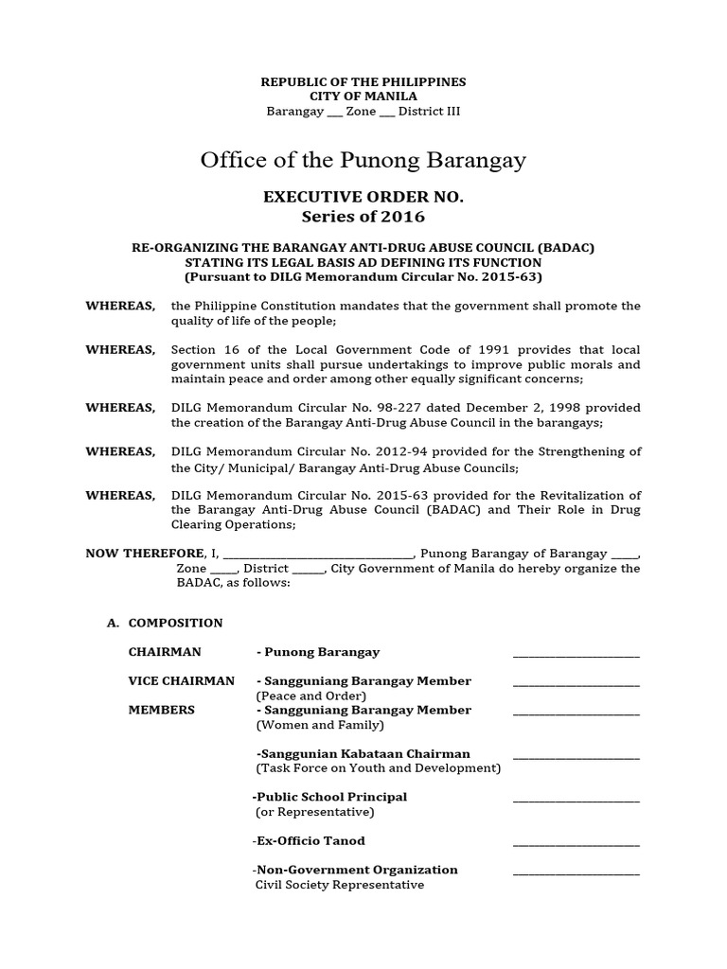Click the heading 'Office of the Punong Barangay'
click(363, 160)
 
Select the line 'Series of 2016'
click(363, 217)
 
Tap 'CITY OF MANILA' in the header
click(363, 97)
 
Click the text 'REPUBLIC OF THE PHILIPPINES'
click(363, 82)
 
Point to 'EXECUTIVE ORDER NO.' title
click(363, 198)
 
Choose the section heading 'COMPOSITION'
click(175, 623)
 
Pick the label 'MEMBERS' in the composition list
click(161, 710)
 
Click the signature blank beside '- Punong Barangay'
click(576, 653)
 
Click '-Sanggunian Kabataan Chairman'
click(363, 754)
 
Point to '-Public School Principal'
click(329, 797)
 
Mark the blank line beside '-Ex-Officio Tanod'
click(576, 842)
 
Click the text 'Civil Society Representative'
click(340, 885)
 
